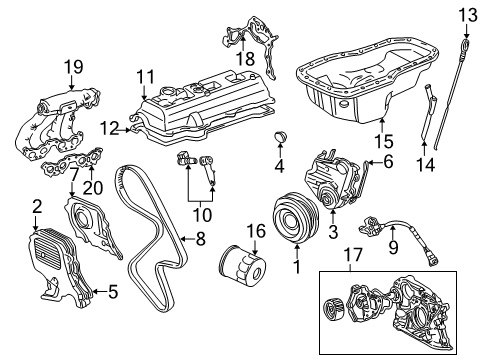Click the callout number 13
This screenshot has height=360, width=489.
468,15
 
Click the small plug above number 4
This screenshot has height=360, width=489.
280,137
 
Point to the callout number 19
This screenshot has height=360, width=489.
73,67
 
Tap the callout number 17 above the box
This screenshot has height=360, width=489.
353,255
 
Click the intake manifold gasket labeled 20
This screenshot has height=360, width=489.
72,162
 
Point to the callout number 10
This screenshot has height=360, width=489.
202,215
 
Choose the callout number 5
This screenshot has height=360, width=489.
113,292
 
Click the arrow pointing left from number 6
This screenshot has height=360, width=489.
375,163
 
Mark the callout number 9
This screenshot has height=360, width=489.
393,247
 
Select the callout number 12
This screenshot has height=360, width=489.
109,129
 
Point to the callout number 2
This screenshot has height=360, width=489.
37,207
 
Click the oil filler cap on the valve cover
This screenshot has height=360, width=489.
167,91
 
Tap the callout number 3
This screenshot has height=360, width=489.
333,232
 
